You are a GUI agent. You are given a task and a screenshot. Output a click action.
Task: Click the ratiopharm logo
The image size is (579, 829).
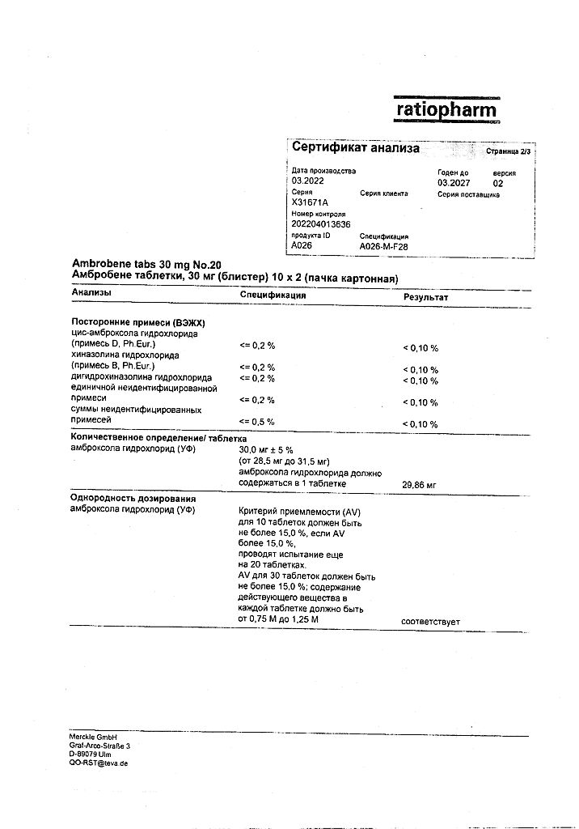click(446, 109)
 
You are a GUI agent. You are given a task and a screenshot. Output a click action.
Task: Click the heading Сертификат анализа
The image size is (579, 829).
click(356, 148)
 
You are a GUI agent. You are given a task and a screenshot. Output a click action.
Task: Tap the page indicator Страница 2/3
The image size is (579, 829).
click(509, 151)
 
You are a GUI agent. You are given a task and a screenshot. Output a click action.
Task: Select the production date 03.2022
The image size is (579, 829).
click(307, 182)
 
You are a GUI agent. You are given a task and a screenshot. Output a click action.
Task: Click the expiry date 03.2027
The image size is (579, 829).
click(454, 183)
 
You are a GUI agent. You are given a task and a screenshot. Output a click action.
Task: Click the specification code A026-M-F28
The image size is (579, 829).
click(384, 245)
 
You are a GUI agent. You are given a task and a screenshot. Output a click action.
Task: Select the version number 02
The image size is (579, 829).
click(497, 183)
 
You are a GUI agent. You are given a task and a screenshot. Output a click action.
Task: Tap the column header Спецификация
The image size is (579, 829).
click(273, 295)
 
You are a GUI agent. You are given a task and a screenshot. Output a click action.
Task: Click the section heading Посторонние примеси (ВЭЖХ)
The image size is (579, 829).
click(133, 321)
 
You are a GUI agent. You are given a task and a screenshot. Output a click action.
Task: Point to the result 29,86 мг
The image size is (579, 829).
click(419, 484)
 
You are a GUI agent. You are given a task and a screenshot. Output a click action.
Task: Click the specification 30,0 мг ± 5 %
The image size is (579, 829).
click(270, 450)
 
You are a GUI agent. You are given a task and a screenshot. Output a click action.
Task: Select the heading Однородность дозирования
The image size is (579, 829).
click(133, 498)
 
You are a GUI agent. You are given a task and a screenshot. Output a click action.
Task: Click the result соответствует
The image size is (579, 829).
click(430, 621)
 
